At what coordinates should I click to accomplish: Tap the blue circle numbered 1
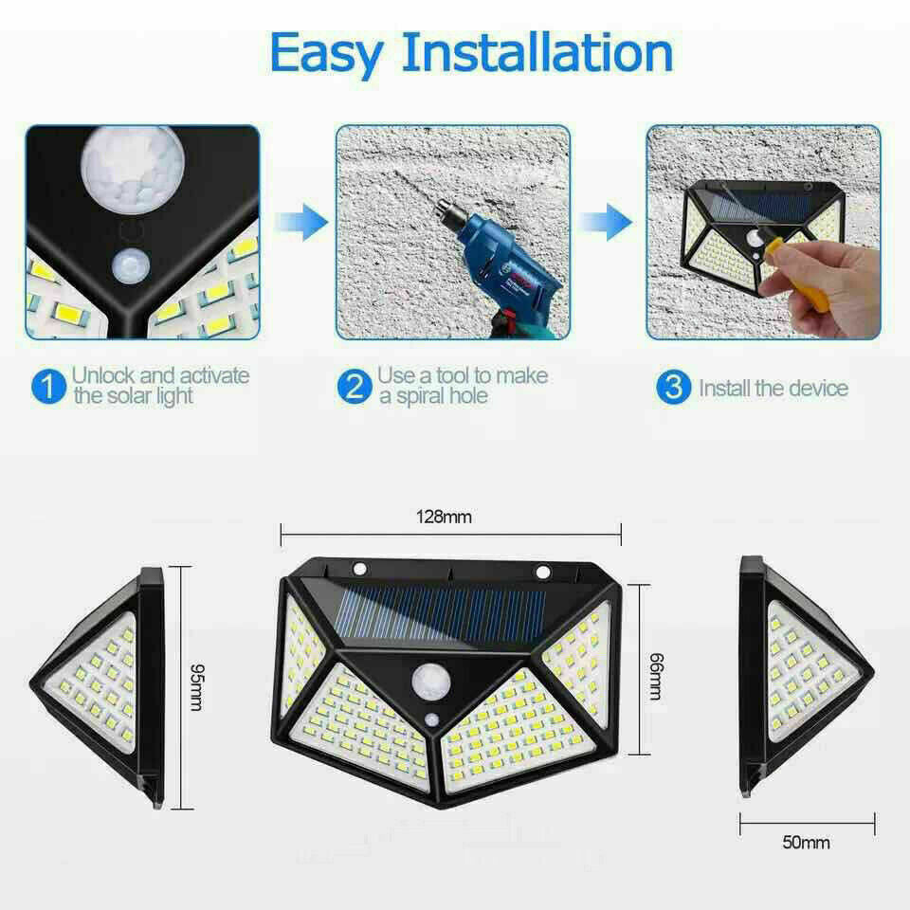(x=45, y=387)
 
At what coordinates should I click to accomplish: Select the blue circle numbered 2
(x=353, y=387)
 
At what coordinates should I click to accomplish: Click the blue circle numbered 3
(x=673, y=387)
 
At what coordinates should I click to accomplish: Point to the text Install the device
(x=773, y=388)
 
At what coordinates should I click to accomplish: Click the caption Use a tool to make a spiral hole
(x=462, y=386)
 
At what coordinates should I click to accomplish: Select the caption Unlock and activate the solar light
(x=160, y=386)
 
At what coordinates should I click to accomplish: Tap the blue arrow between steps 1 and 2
(x=301, y=224)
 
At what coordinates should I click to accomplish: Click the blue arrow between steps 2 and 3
(x=606, y=222)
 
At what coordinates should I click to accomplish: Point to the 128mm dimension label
(x=444, y=518)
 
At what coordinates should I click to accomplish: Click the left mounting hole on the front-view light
(x=359, y=570)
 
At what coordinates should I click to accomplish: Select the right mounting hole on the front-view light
(x=542, y=572)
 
